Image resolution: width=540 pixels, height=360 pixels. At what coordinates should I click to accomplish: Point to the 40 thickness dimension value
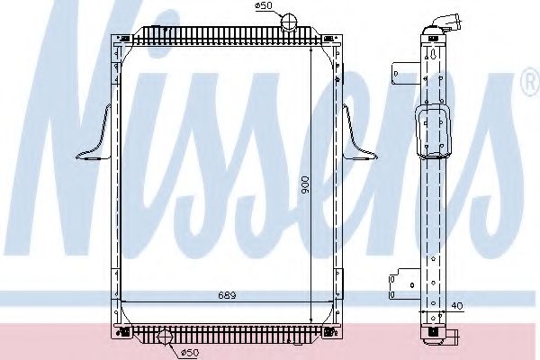[x=458, y=305]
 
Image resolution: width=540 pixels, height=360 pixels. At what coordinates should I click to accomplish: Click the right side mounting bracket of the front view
[x=355, y=135]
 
